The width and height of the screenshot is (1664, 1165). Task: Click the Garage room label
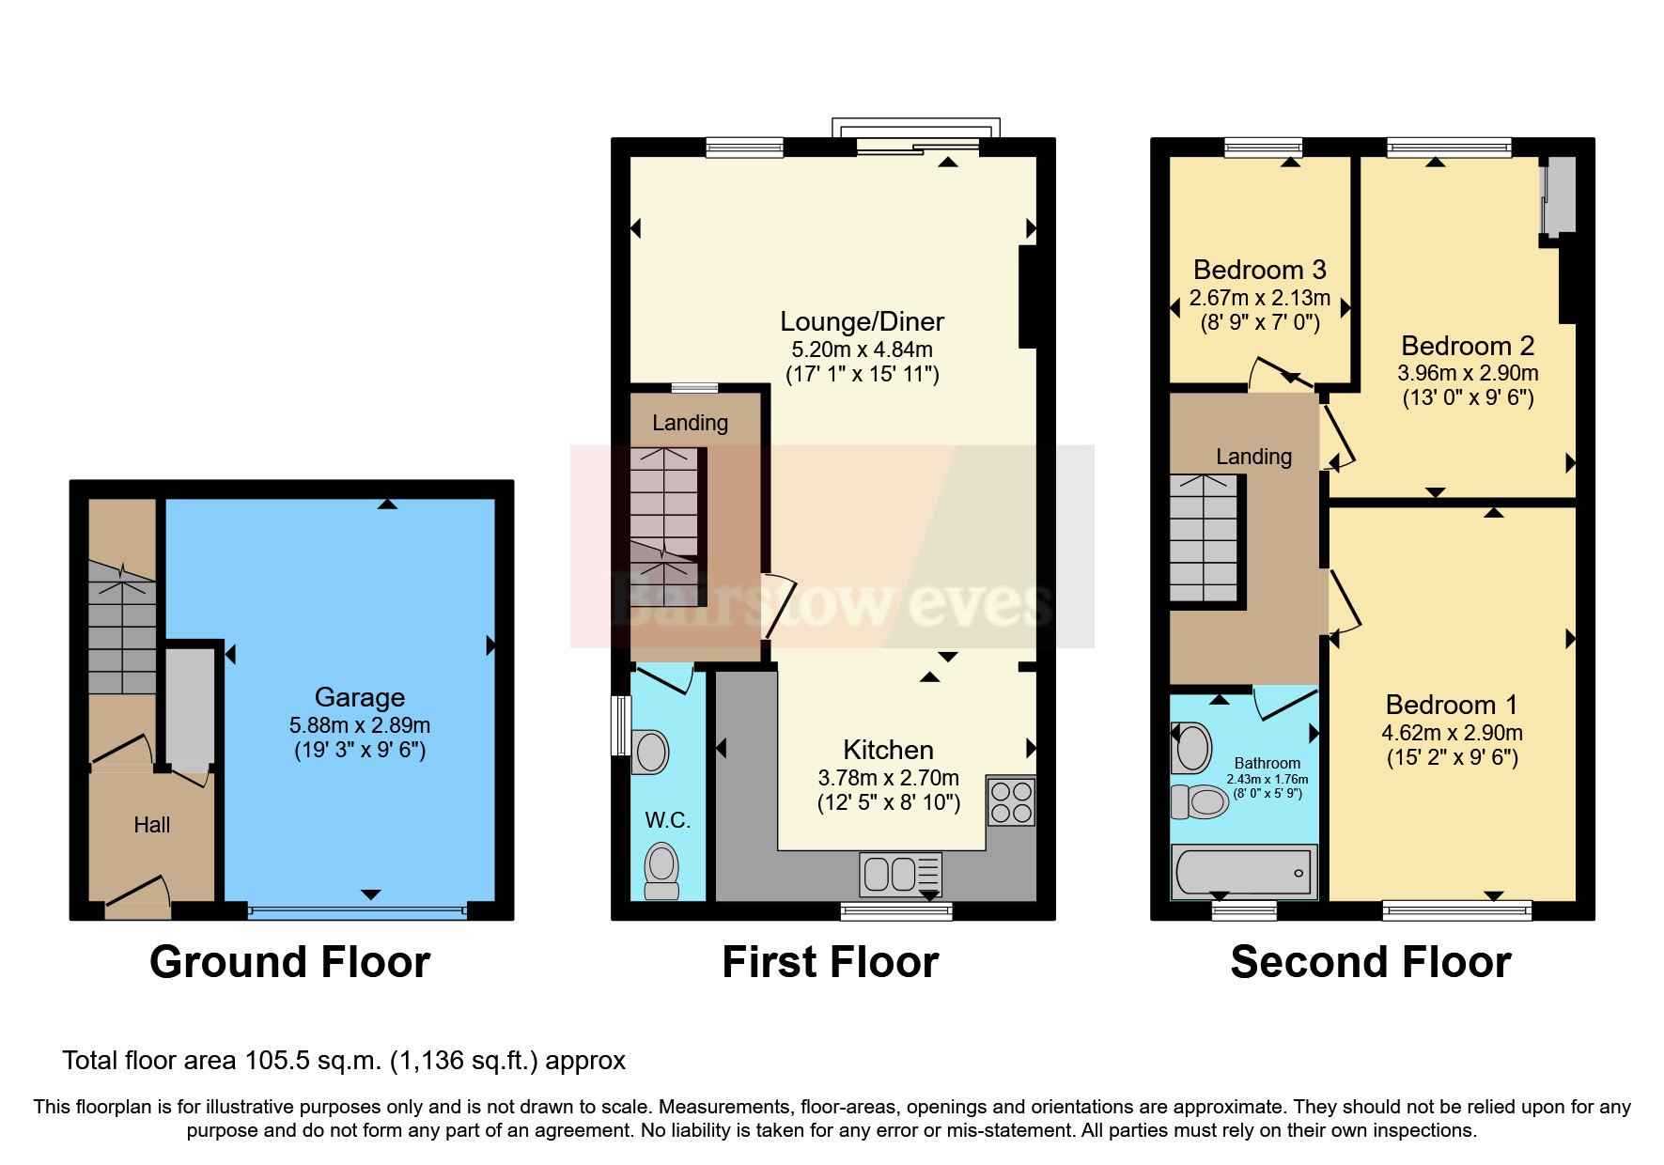[x=359, y=697]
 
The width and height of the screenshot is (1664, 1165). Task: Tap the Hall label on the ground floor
[x=151, y=825]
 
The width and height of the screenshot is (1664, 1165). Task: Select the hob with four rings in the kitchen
[x=1011, y=801]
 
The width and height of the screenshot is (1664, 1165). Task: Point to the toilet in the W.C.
[x=661, y=870]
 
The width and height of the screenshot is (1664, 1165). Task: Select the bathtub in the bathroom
[x=1243, y=872]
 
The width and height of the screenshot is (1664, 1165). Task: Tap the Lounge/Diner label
[x=862, y=321]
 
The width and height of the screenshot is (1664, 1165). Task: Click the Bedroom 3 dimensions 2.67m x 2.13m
[x=1259, y=298]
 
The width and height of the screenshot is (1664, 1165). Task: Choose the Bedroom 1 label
[x=1451, y=705]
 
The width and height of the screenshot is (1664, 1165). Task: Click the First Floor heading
[x=830, y=962]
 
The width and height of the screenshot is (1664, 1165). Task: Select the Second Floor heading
[x=1370, y=962]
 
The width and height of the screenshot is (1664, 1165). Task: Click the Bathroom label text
[x=1267, y=764]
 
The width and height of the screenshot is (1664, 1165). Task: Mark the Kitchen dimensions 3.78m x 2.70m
[x=888, y=778]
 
